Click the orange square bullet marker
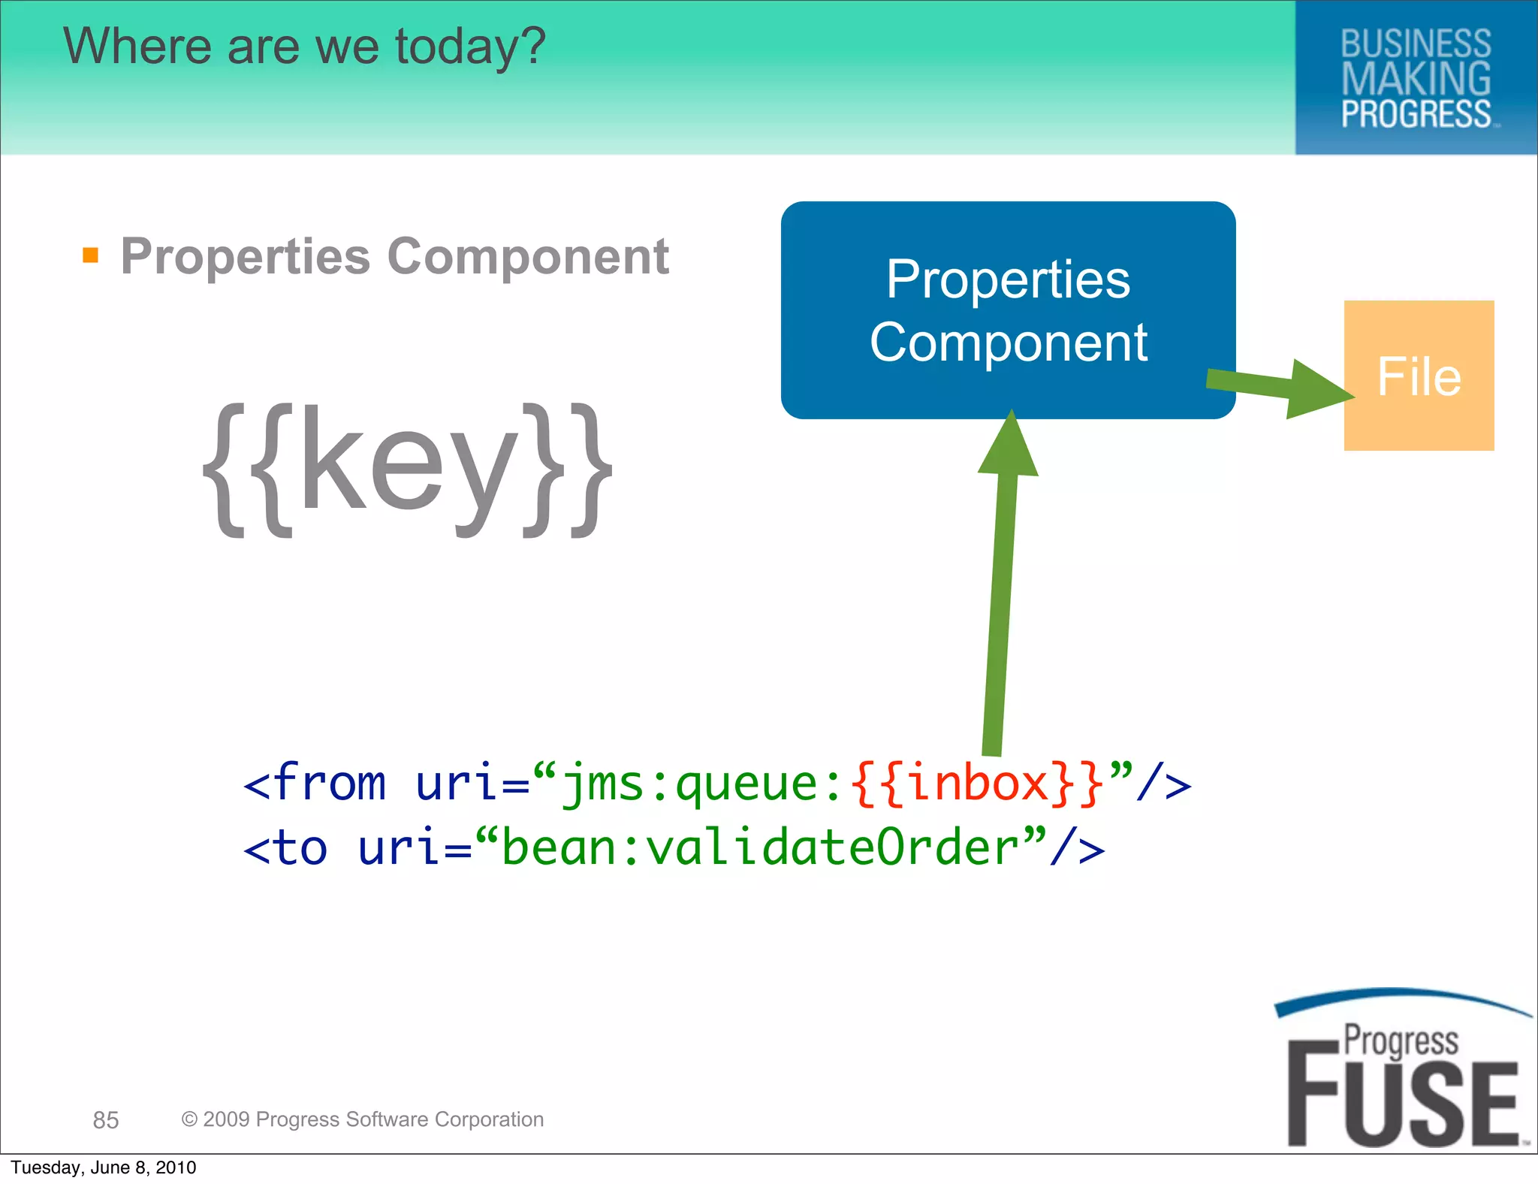point(91,255)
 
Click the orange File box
point(1419,376)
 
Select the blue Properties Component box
point(1008,310)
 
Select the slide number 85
point(106,1120)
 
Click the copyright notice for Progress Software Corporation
point(363,1119)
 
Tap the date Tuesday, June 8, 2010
point(104,1167)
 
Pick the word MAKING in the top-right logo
point(1416,79)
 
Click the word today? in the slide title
point(470,47)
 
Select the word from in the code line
point(330,784)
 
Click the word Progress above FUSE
point(1401,1041)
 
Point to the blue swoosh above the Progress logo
point(1397,998)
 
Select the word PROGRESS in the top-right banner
point(1416,114)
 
